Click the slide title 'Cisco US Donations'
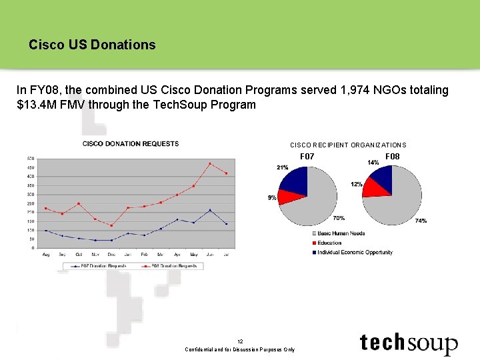(92, 45)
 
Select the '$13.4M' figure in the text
(36, 105)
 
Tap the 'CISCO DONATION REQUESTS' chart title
(131, 143)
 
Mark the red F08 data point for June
(210, 163)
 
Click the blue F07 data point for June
(210, 210)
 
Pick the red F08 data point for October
(79, 203)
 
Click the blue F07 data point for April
(177, 219)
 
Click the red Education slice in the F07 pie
(287, 196)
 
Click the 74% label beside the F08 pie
(421, 221)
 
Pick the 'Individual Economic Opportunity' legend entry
(354, 253)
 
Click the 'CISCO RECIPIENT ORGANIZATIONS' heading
(347, 145)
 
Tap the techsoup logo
(409, 343)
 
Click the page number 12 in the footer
(240, 341)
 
